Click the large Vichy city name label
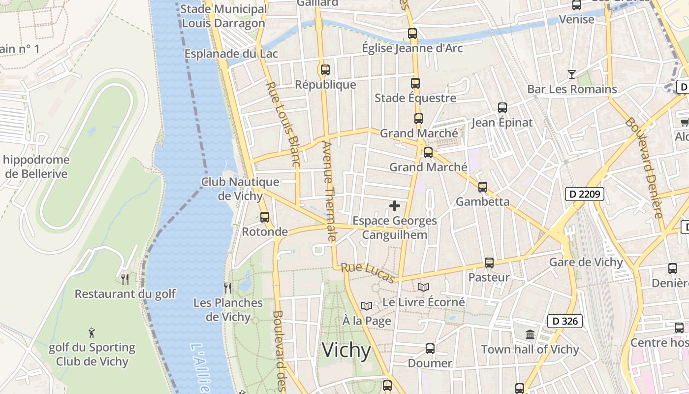point(346,350)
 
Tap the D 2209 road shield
point(584,194)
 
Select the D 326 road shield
point(565,321)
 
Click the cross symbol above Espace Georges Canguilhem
point(395,206)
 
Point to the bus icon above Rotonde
point(265,217)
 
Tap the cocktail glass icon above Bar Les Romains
point(571,74)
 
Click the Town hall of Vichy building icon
point(530,335)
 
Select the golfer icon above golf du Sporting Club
point(92,333)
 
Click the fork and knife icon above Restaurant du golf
point(125,279)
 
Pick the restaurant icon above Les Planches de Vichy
point(228,288)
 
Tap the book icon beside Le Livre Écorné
point(424,287)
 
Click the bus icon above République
point(325,70)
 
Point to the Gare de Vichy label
point(586,262)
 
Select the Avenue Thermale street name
point(328,191)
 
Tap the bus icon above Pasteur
point(489,263)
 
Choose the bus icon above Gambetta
point(482,187)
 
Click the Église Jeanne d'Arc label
point(412,48)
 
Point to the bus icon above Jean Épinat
point(502,108)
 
